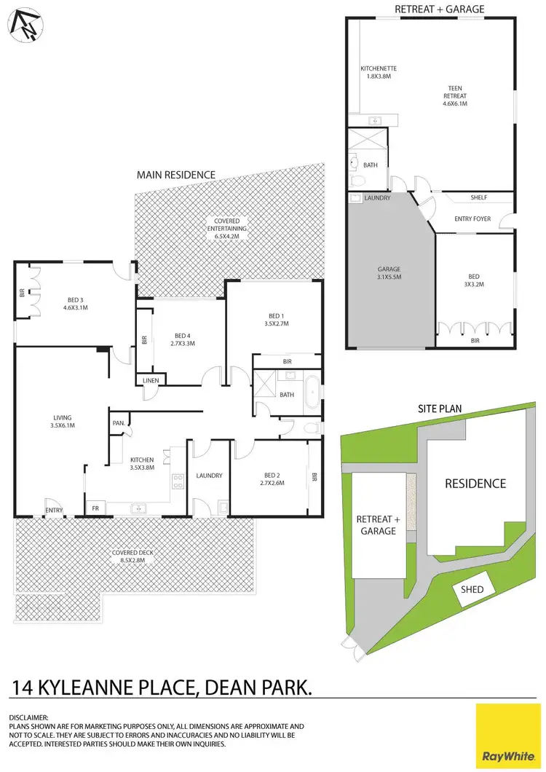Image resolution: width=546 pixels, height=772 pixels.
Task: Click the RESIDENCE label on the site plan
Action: coord(475,484)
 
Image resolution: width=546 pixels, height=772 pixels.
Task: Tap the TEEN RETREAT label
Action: coord(455,95)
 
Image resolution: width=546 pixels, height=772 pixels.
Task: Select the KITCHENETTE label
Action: coord(379,74)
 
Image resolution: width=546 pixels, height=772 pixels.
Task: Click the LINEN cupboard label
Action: coord(151,379)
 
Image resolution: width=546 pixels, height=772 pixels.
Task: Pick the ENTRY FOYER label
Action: coord(472,218)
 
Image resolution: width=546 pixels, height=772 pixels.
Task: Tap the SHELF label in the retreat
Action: coord(478,197)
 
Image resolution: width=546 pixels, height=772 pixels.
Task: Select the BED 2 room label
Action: coord(271,478)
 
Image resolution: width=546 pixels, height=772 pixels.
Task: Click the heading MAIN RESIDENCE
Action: coord(176,175)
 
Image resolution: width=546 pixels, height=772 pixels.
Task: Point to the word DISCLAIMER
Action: coord(28,717)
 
